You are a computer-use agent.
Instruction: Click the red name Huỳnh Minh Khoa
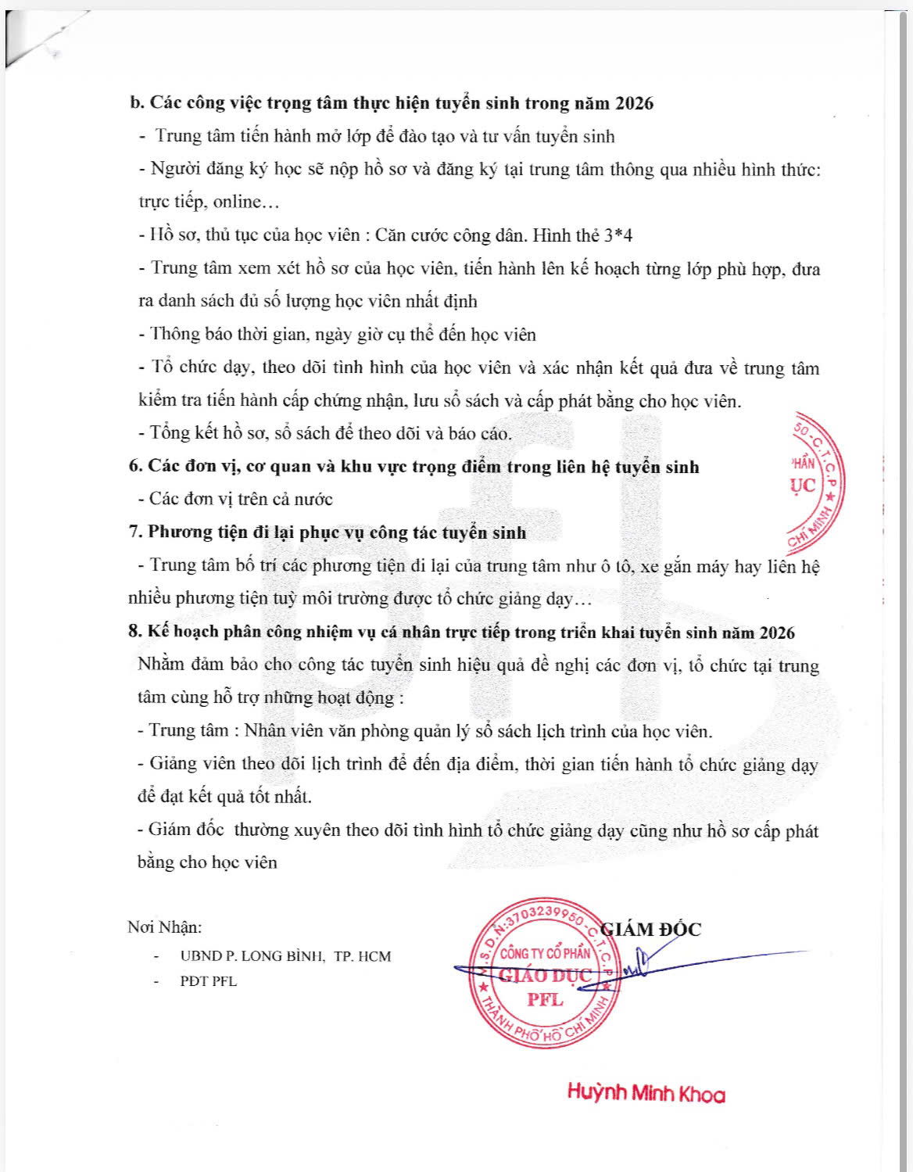click(x=646, y=1093)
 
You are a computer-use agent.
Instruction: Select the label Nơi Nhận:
click(x=164, y=927)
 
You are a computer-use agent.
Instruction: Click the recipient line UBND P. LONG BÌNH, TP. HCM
click(x=285, y=956)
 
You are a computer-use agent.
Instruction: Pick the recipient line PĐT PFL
click(x=208, y=981)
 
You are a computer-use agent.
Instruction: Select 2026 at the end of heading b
click(x=634, y=103)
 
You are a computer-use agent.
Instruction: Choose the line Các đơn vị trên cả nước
click(x=241, y=499)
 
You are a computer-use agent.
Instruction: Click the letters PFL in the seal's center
click(x=545, y=1000)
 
